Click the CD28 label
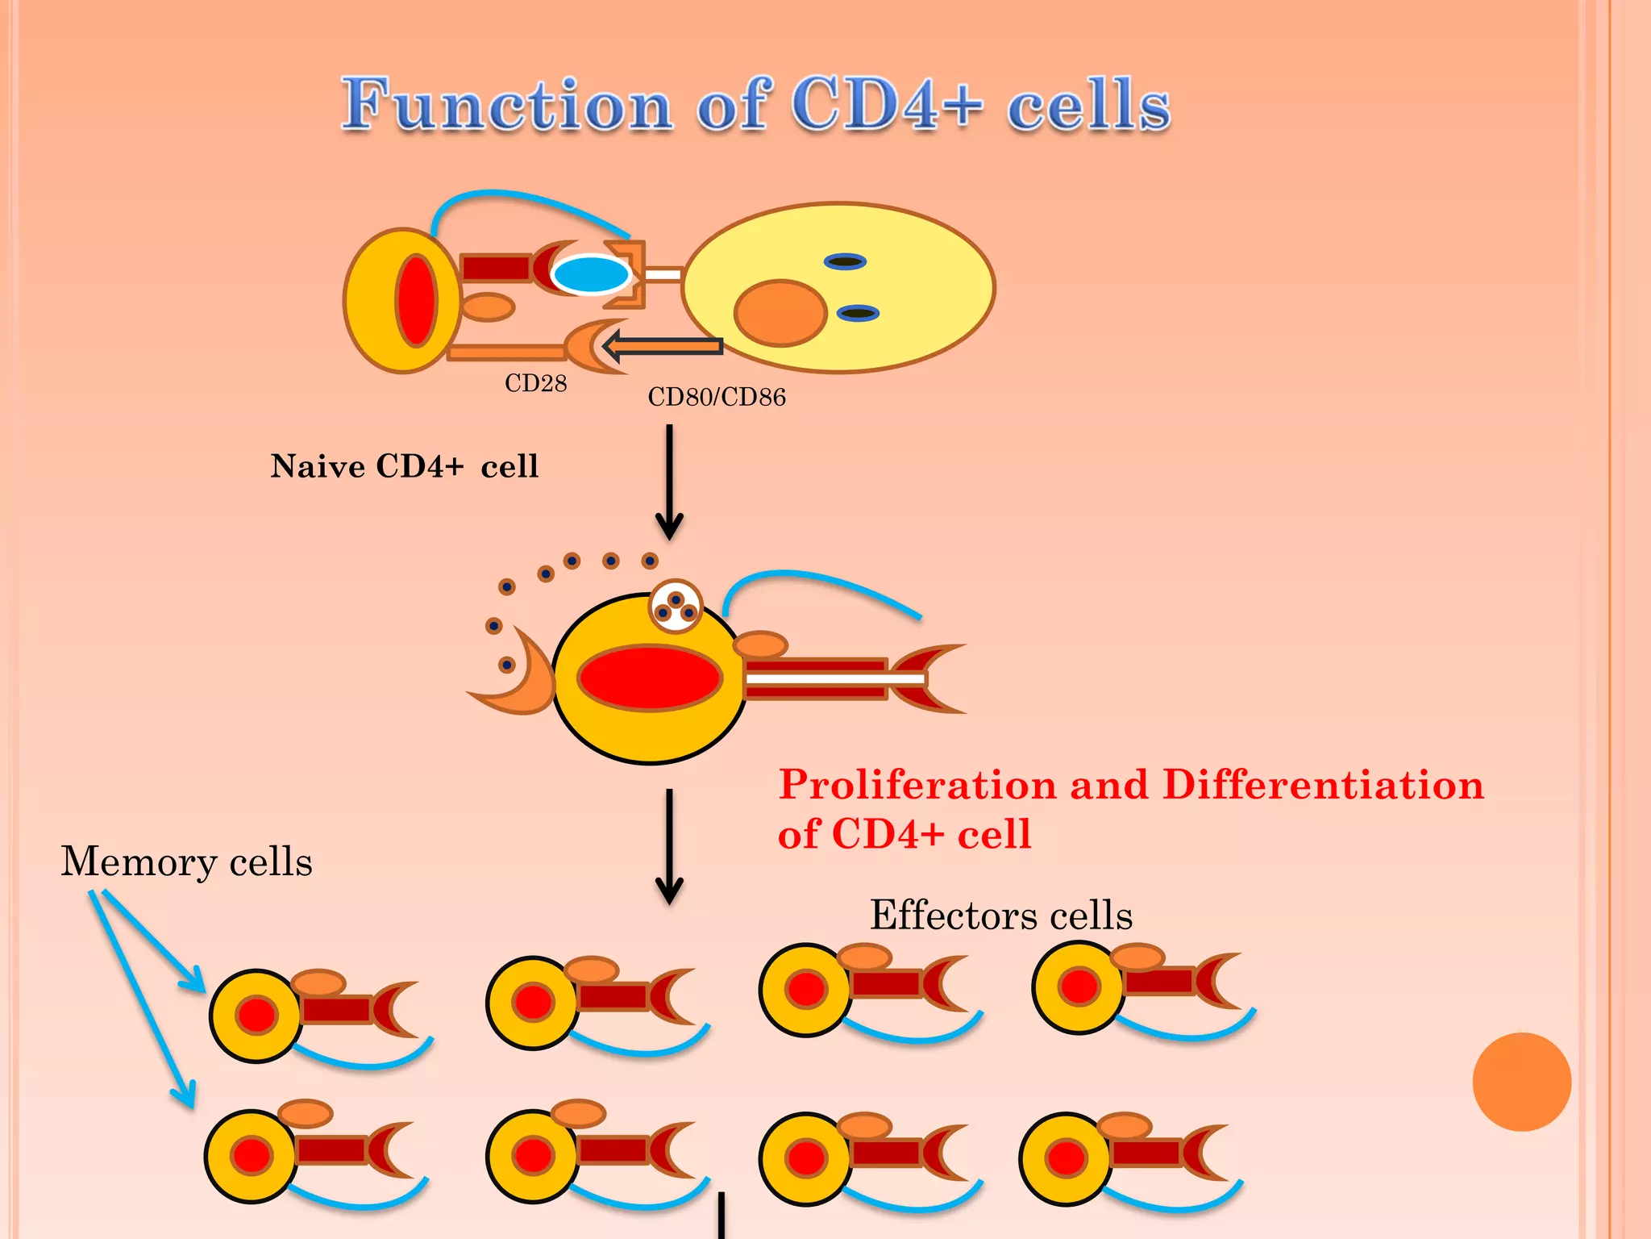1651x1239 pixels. (x=535, y=383)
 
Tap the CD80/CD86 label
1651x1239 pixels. (x=716, y=397)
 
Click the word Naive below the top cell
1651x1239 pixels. (x=317, y=466)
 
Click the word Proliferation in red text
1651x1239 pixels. (x=917, y=785)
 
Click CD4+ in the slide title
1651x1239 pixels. (x=887, y=105)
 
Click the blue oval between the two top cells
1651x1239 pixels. (x=592, y=274)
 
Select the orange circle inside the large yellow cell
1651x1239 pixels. (x=780, y=313)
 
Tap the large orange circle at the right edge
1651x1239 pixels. (x=1521, y=1082)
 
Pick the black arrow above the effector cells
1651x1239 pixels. (x=669, y=847)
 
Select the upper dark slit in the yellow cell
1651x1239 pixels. (x=845, y=261)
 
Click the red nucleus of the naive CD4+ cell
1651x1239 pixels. (x=416, y=300)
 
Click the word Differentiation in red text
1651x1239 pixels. (x=1322, y=785)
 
